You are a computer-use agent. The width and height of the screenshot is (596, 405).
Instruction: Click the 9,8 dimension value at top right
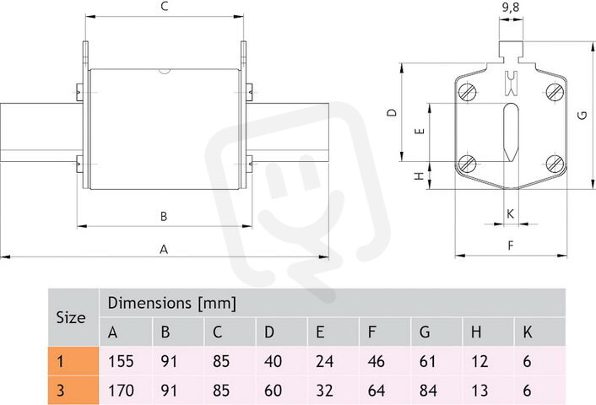coord(511,8)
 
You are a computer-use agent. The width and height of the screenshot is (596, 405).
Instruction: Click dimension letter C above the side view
coord(165,7)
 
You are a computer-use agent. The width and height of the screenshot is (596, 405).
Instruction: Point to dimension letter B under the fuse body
coord(164,216)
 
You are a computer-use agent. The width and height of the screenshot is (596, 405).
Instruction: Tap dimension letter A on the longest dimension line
coord(164,249)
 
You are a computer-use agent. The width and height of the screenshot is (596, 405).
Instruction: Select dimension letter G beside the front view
coord(582,115)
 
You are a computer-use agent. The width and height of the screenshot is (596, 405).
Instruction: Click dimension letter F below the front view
coord(511,246)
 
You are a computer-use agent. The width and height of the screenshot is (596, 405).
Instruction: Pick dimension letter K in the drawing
coord(511,214)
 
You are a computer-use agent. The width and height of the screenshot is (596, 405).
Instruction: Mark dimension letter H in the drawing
coord(419,175)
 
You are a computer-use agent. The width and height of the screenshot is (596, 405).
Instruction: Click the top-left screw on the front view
coord(467,92)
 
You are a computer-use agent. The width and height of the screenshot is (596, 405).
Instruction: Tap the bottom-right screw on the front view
coord(555,164)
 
